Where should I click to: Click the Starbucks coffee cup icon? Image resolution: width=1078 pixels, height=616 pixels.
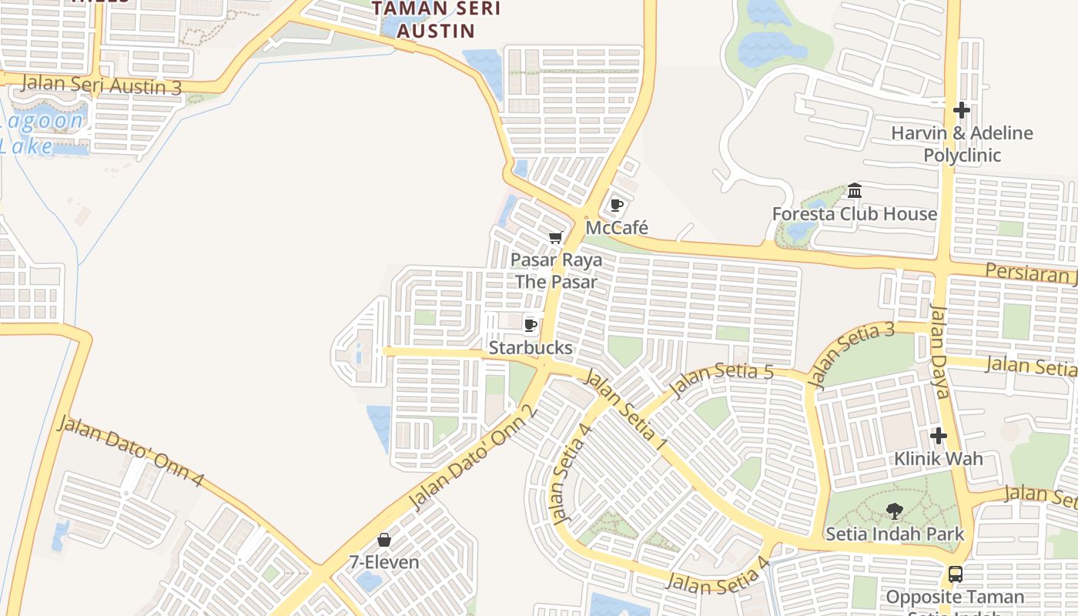click(x=530, y=325)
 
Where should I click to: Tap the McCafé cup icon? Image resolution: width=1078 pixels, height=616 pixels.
click(x=616, y=205)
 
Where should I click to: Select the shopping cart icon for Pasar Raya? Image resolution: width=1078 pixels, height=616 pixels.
click(x=555, y=238)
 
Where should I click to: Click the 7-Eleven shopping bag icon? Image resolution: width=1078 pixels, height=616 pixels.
click(x=383, y=540)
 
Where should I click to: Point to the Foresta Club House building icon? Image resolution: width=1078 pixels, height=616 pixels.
click(x=855, y=190)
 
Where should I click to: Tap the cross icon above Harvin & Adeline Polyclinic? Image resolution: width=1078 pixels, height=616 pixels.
click(x=961, y=110)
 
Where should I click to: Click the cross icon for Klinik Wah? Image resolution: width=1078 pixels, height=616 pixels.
click(x=938, y=436)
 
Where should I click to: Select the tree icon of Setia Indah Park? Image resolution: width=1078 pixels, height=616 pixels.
click(x=894, y=511)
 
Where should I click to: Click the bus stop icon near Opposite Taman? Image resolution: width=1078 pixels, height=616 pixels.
click(x=955, y=574)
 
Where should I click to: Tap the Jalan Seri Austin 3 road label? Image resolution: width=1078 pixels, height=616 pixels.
click(x=102, y=85)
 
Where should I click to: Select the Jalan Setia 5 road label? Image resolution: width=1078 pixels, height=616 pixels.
click(x=721, y=380)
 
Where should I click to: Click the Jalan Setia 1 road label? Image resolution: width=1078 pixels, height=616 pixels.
click(x=626, y=410)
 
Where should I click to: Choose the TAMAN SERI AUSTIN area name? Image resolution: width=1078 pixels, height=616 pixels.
click(x=436, y=20)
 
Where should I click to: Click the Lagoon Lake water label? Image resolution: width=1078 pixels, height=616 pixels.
click(x=42, y=132)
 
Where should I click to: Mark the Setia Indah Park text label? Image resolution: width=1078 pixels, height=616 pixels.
click(x=894, y=534)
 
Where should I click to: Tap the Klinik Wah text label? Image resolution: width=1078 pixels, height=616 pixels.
click(x=938, y=459)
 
